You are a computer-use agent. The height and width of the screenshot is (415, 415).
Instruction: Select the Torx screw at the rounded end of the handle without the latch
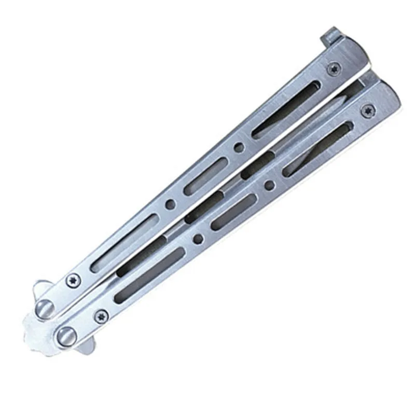tap(369, 108)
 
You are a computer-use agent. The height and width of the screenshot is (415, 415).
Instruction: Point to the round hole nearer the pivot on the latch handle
tap(169, 205)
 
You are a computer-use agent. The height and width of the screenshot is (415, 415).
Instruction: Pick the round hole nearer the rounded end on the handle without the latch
tap(269, 184)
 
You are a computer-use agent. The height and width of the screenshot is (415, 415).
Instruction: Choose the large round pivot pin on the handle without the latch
tap(66, 334)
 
